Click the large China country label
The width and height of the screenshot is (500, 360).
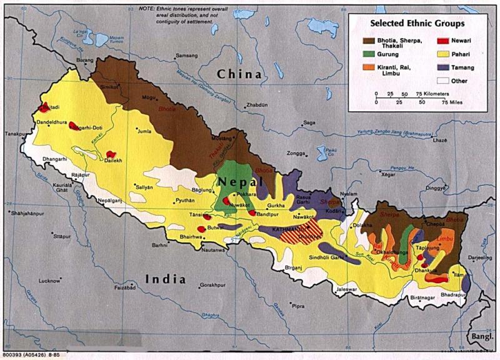pyautogui.click(x=239, y=74)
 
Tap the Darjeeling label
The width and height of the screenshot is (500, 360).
pyautogui.click(x=479, y=257)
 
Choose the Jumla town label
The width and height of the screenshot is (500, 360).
pyautogui.click(x=144, y=132)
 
